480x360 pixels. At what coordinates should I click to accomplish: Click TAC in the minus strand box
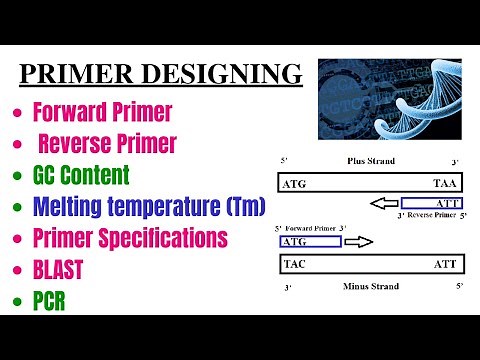295,265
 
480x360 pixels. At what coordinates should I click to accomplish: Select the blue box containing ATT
432,203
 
